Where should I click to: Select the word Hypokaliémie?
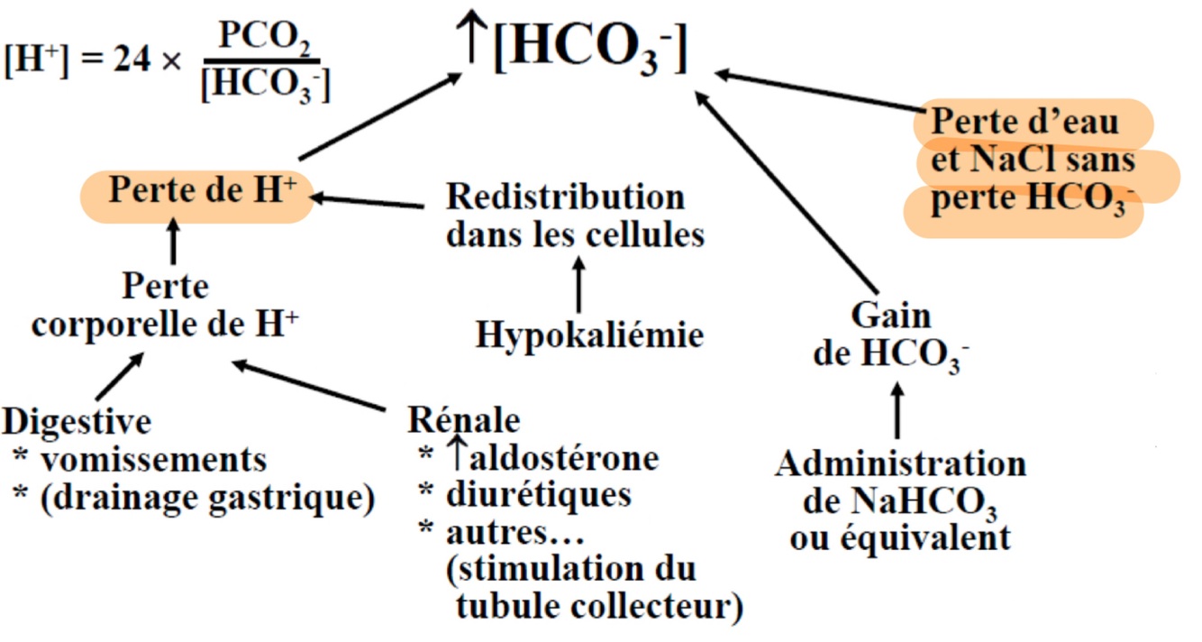tap(589, 335)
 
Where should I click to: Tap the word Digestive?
tap(77, 421)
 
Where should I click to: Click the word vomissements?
tap(153, 460)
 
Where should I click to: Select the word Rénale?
tap(464, 420)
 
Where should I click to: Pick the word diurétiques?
tap(538, 495)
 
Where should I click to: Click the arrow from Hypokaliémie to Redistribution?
tap(578, 283)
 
